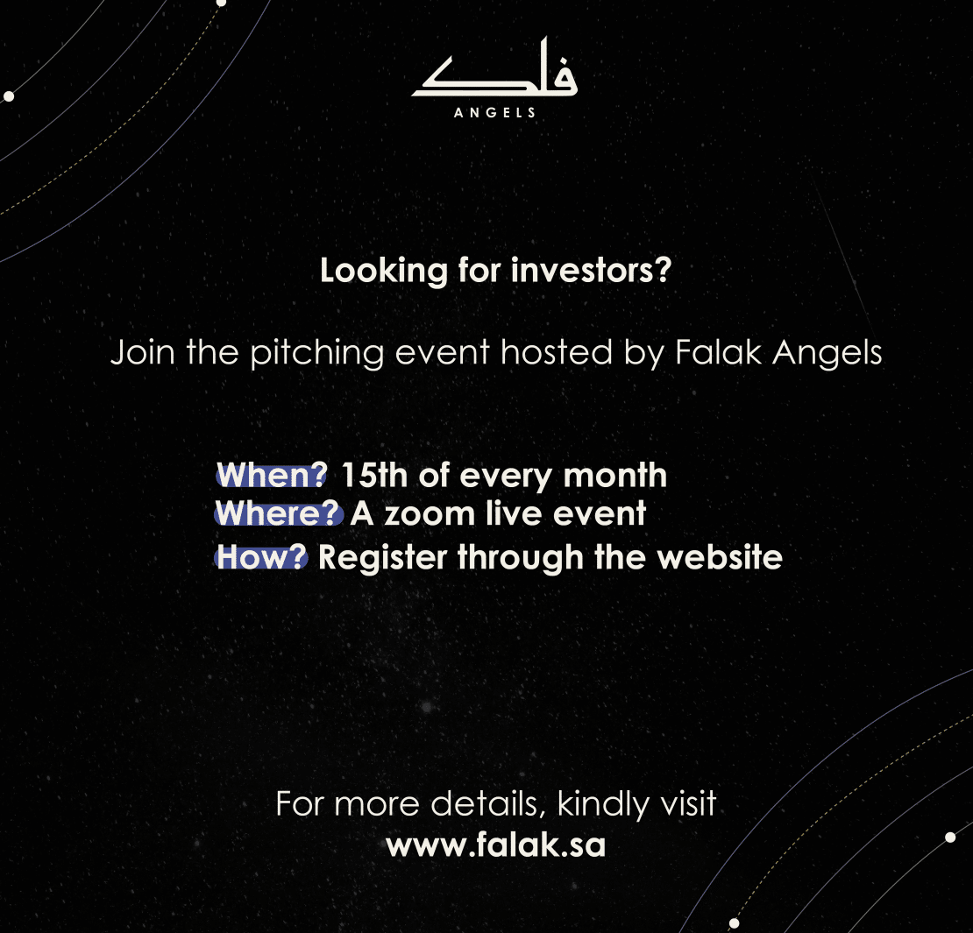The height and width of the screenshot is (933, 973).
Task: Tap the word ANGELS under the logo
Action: click(494, 113)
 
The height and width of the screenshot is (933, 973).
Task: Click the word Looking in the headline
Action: click(383, 272)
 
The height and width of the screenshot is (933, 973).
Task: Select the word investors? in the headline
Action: click(592, 271)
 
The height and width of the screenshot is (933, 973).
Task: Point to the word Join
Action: click(143, 353)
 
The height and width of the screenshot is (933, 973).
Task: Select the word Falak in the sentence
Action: click(718, 352)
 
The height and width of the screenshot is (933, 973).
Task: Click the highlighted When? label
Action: click(271, 475)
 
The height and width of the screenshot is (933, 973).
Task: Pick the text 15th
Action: click(374, 475)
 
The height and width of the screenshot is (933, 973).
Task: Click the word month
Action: click(615, 475)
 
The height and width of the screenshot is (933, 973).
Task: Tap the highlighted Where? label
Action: click(279, 513)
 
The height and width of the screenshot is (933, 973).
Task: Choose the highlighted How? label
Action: click(261, 556)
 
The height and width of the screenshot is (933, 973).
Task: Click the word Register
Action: click(382, 558)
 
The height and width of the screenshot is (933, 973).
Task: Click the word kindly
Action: click(602, 804)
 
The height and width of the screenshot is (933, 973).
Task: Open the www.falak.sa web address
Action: click(496, 845)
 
